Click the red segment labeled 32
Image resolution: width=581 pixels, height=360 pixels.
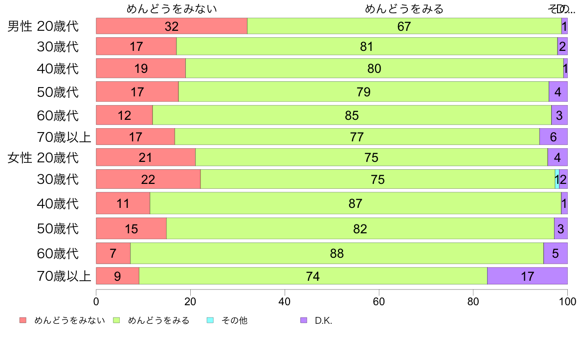tap(171, 26)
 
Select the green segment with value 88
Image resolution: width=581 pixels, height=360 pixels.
tap(336, 253)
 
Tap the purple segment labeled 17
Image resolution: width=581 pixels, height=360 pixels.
tap(527, 276)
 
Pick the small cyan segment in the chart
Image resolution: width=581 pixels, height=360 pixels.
tap(557, 179)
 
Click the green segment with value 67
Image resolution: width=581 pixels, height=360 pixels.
tap(404, 26)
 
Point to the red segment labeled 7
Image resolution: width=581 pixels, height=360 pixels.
tap(113, 253)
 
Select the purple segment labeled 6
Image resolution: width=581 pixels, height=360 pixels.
tap(553, 137)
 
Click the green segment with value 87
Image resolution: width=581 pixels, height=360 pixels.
tap(355, 203)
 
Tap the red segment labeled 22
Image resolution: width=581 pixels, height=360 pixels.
tap(148, 179)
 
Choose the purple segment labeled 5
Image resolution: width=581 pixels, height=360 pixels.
tap(555, 253)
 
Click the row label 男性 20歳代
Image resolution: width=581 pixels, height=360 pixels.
tap(43, 26)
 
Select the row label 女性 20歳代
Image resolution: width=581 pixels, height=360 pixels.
tap(43, 158)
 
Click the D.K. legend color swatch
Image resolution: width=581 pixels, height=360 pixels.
tap(304, 320)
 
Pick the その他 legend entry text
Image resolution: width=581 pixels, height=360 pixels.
tap(234, 321)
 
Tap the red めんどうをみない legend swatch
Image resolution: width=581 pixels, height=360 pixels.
tap(23, 320)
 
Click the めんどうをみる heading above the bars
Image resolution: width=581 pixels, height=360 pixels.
tap(404, 9)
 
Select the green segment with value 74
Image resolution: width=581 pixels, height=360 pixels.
tap(313, 276)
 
